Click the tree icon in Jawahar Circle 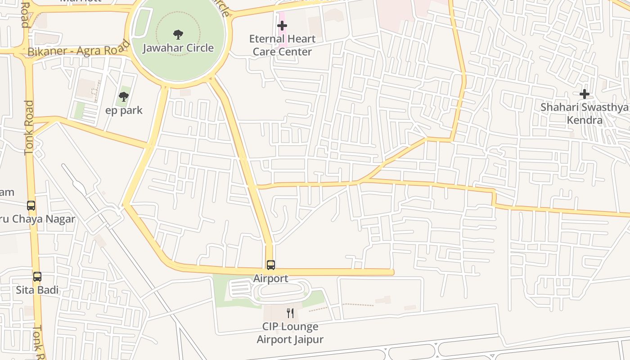(x=178, y=34)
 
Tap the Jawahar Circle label (x=178, y=48)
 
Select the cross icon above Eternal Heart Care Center (x=282, y=26)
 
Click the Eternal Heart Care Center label (x=282, y=45)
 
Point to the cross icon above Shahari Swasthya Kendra (x=585, y=94)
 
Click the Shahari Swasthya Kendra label (x=585, y=113)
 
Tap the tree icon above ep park (x=124, y=96)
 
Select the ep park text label (x=124, y=110)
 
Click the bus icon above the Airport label (x=270, y=265)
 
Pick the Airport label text (x=270, y=278)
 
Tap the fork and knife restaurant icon (x=290, y=313)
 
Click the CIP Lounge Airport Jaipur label (x=290, y=333)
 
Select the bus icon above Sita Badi (x=37, y=277)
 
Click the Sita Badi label (x=37, y=290)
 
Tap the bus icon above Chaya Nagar (x=31, y=206)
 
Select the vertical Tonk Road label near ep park (x=29, y=128)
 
